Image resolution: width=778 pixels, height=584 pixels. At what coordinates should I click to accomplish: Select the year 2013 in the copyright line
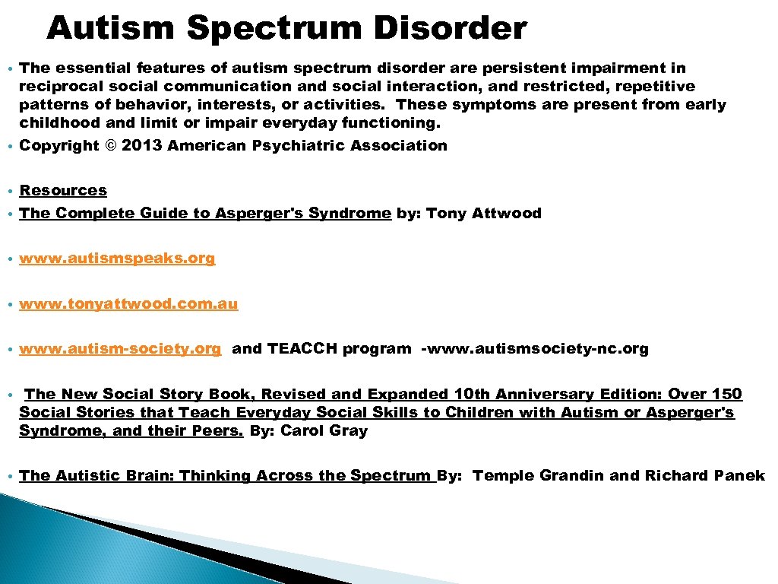pos(141,145)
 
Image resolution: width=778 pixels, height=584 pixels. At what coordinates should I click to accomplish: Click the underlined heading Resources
pos(63,190)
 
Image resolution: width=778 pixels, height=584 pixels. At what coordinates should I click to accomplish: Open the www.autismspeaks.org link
pos(117,259)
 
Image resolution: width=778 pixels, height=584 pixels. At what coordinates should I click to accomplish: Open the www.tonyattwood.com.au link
pos(128,304)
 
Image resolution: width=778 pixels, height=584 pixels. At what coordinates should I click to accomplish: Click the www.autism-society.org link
pos(120,349)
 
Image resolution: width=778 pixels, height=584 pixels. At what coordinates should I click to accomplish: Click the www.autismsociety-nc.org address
pos(535,349)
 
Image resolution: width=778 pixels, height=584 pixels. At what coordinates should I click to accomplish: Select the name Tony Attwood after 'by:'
pos(484,214)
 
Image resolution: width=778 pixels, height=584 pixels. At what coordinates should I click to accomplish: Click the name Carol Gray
pos(324,431)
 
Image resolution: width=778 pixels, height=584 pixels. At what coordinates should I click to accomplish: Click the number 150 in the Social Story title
pos(727,394)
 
